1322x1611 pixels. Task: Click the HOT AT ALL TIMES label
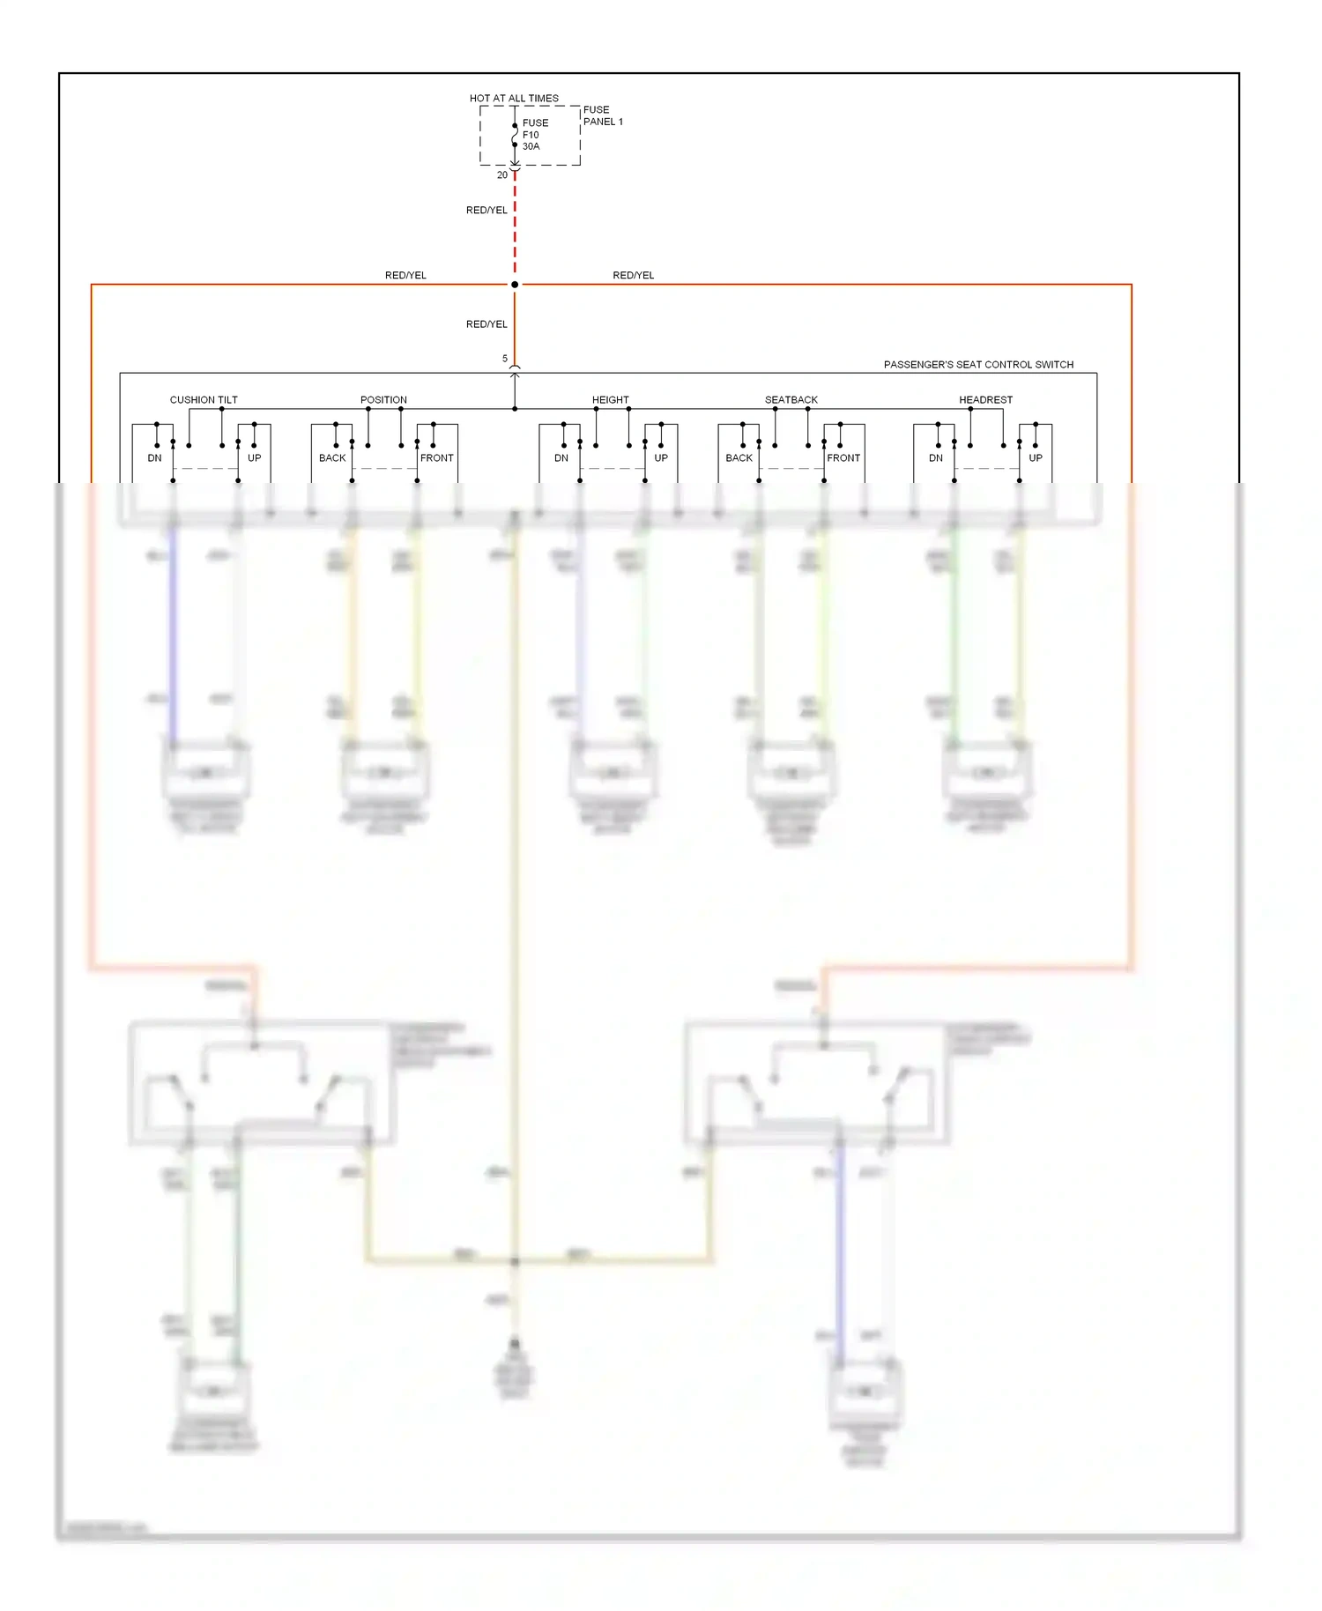[514, 98]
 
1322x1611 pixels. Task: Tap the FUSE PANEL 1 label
[603, 115]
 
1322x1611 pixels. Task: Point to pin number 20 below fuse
[502, 174]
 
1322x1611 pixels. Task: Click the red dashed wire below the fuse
[515, 229]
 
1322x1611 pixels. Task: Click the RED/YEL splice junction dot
[515, 285]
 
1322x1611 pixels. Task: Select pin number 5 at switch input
[505, 359]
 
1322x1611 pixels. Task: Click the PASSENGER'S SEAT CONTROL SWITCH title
[978, 364]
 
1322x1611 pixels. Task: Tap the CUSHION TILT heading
[204, 399]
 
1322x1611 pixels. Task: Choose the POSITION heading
[383, 399]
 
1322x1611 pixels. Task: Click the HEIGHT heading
[611, 399]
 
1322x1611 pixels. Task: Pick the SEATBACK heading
[791, 399]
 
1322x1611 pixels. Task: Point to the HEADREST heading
[985, 399]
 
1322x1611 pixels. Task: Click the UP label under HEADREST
[1036, 457]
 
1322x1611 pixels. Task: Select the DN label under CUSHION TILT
[154, 457]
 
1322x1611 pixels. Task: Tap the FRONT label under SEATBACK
[843, 457]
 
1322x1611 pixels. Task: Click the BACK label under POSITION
[332, 457]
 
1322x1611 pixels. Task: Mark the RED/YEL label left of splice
[405, 275]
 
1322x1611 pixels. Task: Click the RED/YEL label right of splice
[634, 275]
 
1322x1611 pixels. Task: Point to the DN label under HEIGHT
[561, 457]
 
